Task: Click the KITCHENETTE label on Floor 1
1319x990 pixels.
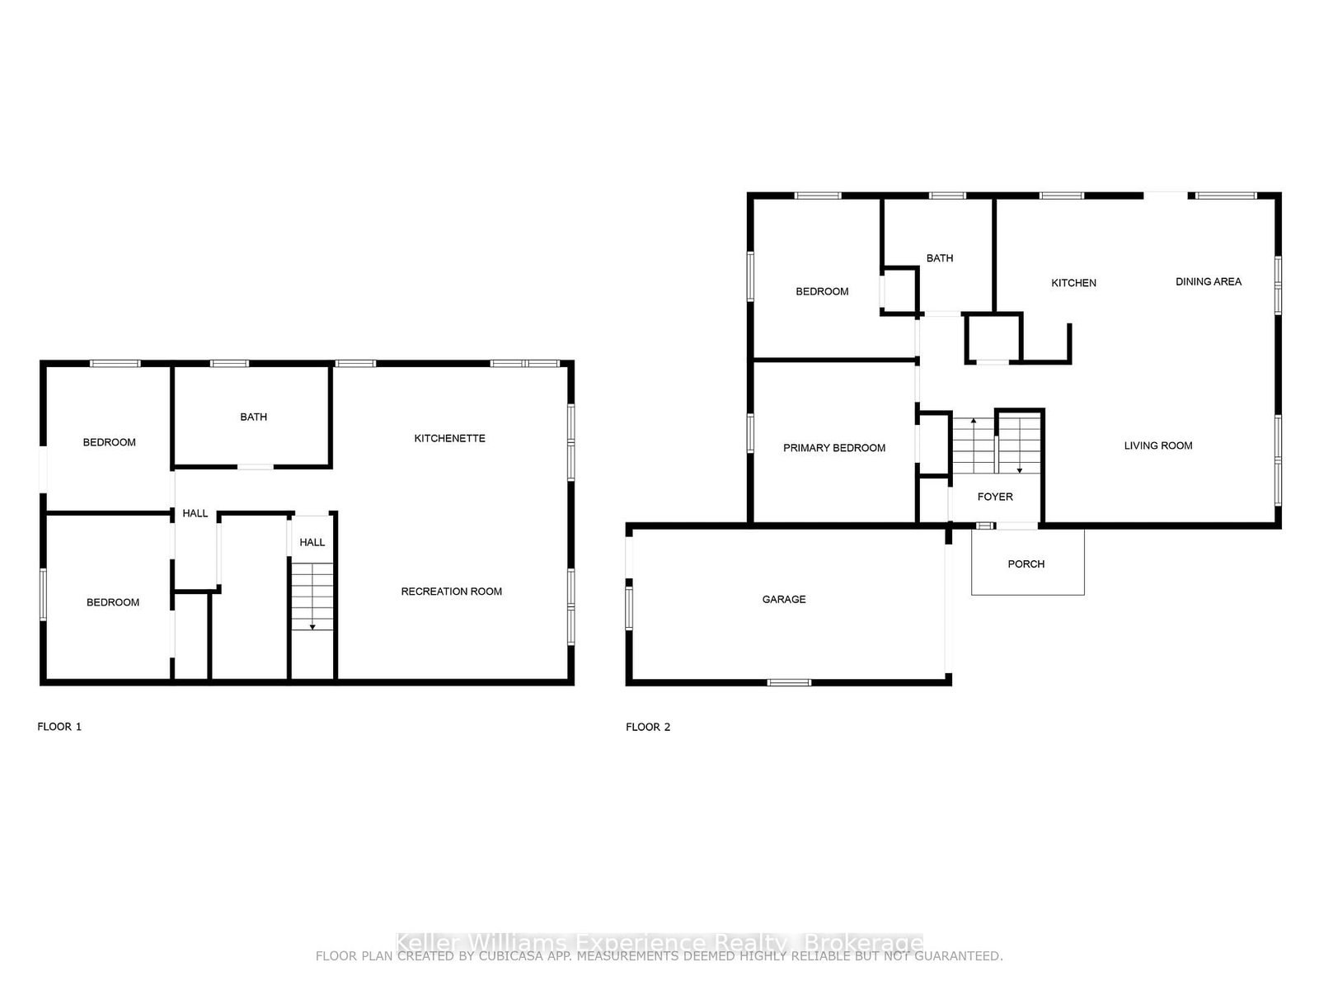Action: [x=449, y=438]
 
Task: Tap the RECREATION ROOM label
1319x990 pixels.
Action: [x=451, y=592]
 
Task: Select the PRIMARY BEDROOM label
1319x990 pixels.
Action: [x=834, y=448]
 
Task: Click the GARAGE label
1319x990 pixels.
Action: [x=784, y=600]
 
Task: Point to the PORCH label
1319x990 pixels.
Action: [x=1026, y=564]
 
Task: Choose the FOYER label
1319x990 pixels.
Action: [x=995, y=497]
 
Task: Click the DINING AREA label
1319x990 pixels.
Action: [x=1209, y=281]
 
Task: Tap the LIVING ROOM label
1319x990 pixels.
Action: [x=1158, y=445]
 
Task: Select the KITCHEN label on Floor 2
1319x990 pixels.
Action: [x=1073, y=283]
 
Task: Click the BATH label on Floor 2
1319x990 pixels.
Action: [x=940, y=258]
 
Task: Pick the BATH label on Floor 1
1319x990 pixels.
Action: [x=253, y=417]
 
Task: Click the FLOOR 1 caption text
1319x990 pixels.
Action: [x=59, y=727]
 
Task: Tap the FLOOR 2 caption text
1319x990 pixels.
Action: [x=648, y=727]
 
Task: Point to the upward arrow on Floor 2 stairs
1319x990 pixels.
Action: [x=974, y=422]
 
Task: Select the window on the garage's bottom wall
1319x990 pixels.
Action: [x=789, y=682]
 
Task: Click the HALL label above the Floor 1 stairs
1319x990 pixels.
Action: [x=312, y=542]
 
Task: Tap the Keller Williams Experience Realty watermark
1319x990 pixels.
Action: [x=659, y=943]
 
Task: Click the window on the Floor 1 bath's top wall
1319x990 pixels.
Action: [x=229, y=363]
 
